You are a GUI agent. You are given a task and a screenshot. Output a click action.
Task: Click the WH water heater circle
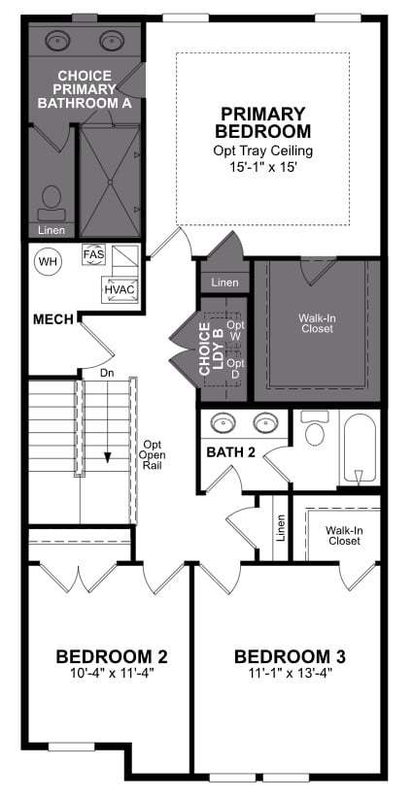pyautogui.click(x=48, y=261)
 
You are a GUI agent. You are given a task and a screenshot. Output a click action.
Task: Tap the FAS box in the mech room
pyautogui.click(x=93, y=254)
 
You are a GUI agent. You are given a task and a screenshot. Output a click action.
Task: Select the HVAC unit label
pyautogui.click(x=119, y=289)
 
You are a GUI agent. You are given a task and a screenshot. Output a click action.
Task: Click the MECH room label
pyautogui.click(x=54, y=319)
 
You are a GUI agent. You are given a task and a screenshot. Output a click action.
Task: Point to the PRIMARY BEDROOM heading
pyautogui.click(x=262, y=121)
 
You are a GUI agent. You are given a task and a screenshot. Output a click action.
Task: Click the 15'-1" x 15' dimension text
pyautogui.click(x=262, y=167)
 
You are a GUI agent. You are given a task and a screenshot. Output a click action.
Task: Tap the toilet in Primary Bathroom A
pyautogui.click(x=51, y=203)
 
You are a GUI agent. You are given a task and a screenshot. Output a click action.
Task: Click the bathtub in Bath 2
pyautogui.click(x=359, y=449)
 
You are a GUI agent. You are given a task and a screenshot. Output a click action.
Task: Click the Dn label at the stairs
pyautogui.click(x=107, y=373)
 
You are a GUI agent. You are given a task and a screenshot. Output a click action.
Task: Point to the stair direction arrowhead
pyautogui.click(x=108, y=457)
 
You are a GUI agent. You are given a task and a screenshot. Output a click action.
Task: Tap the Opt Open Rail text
pyautogui.click(x=154, y=454)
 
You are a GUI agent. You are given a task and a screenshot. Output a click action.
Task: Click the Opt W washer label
pyautogui.click(x=236, y=330)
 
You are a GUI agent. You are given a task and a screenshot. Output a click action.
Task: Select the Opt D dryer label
pyautogui.click(x=236, y=369)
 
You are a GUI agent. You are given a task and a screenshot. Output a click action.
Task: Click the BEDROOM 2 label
pyautogui.click(x=112, y=656)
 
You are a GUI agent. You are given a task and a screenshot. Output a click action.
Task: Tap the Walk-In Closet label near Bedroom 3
pyautogui.click(x=344, y=535)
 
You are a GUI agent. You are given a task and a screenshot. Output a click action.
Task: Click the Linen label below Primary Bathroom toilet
pyautogui.click(x=52, y=230)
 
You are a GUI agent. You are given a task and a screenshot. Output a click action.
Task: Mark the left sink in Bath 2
pyautogui.click(x=223, y=422)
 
